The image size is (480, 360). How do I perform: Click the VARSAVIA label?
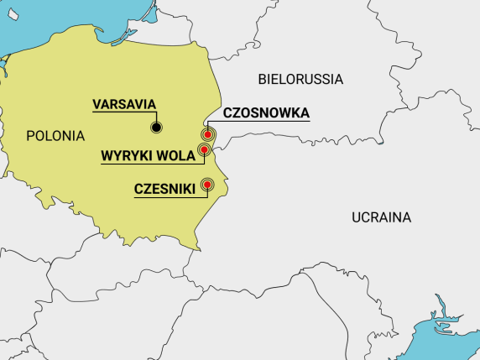point(124,104)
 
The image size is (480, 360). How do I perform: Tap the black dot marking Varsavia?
point(155,128)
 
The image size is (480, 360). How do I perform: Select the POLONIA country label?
point(55,135)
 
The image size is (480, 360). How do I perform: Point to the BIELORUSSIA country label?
point(300,80)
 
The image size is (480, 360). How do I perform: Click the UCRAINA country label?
point(381,217)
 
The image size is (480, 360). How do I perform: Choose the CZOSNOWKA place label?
point(266,112)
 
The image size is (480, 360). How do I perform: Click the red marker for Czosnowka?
point(207,134)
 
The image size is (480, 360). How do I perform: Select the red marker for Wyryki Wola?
point(202,150)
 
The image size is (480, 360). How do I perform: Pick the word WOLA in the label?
point(176,155)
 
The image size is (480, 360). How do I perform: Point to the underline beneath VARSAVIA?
point(124,112)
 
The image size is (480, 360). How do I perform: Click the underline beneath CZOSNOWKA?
point(266,121)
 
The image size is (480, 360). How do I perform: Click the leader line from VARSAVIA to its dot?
point(155,118)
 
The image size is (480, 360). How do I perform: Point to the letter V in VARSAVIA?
point(97,104)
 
